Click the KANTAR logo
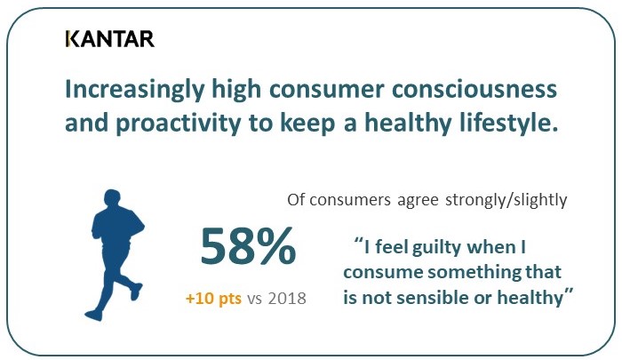[x=109, y=38]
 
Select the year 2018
[x=286, y=299]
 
